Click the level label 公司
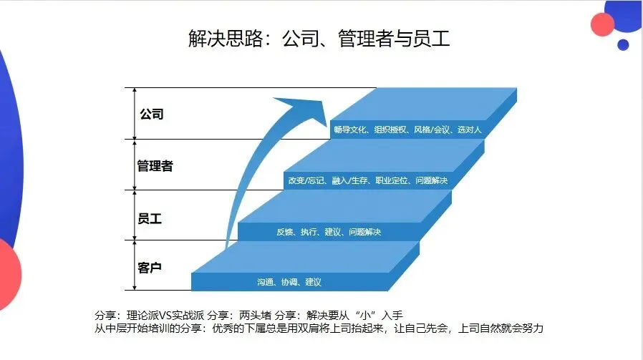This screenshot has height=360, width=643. click(x=152, y=114)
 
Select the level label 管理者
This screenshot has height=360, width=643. click(x=155, y=166)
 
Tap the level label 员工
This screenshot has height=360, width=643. click(x=150, y=218)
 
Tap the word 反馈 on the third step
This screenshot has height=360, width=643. click(x=284, y=232)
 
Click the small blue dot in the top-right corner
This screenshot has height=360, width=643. click(x=623, y=44)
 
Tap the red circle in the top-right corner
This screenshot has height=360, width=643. click(x=603, y=24)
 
